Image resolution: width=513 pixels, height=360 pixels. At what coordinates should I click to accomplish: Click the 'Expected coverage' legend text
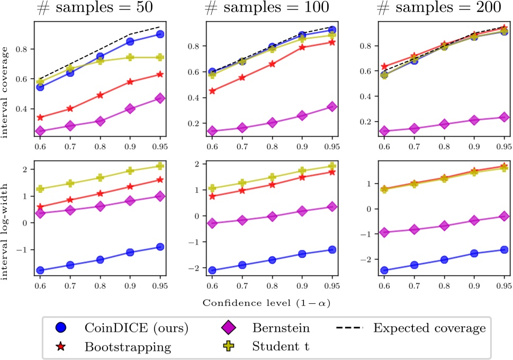[428, 328]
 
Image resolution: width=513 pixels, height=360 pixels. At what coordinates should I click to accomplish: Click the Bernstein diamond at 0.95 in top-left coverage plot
[159, 98]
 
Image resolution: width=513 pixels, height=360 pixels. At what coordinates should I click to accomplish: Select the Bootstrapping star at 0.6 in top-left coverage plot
[41, 118]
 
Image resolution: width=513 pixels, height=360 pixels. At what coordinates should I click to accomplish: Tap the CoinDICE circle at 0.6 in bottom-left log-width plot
[41, 271]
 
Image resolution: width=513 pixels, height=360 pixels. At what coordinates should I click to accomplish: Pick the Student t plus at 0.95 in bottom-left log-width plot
[159, 166]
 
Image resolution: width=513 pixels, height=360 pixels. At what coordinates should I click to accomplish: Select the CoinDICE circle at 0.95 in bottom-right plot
[504, 250]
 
